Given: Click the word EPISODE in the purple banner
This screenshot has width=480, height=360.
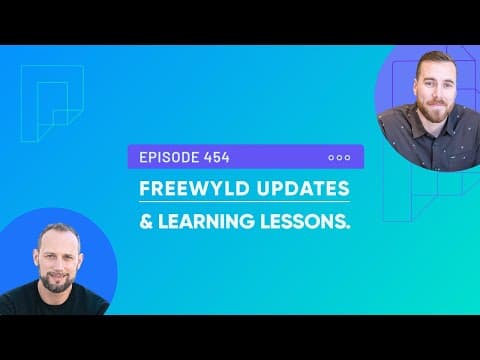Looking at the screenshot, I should [166, 157].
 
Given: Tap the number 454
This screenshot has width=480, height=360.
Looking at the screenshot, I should [214, 157].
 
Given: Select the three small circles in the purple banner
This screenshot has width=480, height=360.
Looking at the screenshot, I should [339, 157].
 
